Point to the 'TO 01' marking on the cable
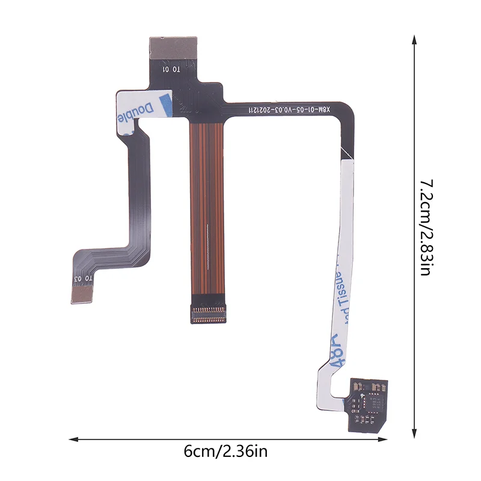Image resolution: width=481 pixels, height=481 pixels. (173, 69)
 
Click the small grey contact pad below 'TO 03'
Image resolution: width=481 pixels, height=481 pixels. (82, 293)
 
